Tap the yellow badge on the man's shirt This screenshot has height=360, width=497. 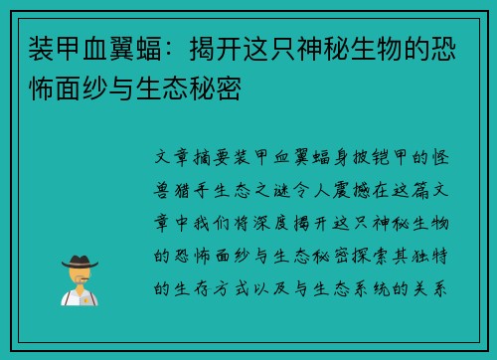click(84, 295)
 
